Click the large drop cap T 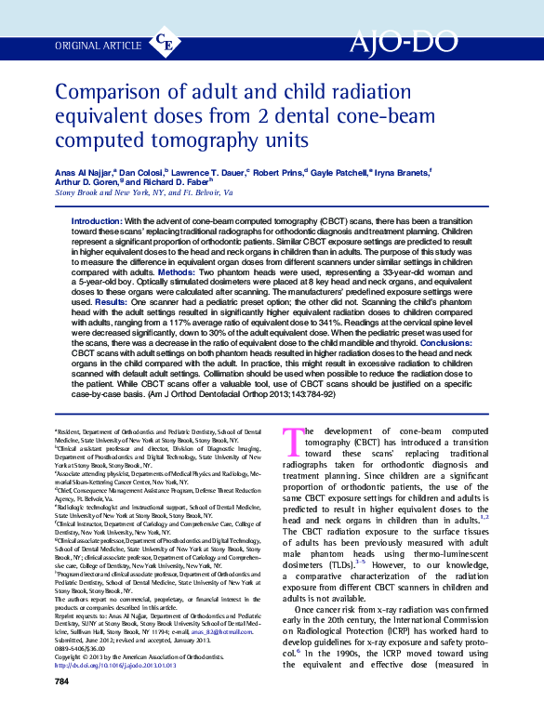pyautogui.click(x=292, y=440)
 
